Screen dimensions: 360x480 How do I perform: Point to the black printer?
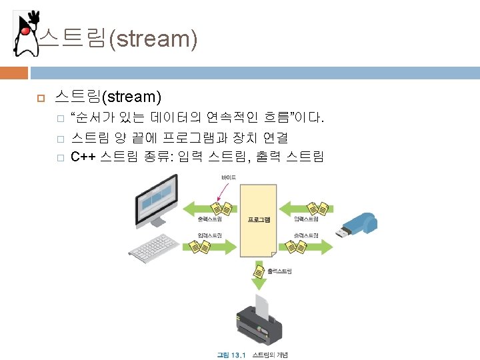[x=260, y=324]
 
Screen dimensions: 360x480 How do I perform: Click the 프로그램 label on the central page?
[x=259, y=219]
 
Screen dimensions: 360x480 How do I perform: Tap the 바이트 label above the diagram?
[x=228, y=177]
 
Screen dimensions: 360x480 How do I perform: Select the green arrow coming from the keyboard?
[x=210, y=247]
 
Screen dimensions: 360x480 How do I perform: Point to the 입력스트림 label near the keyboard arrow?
[x=210, y=235]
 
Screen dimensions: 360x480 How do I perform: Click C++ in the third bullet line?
[x=83, y=157]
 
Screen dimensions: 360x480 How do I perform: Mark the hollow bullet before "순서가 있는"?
[x=59, y=120]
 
